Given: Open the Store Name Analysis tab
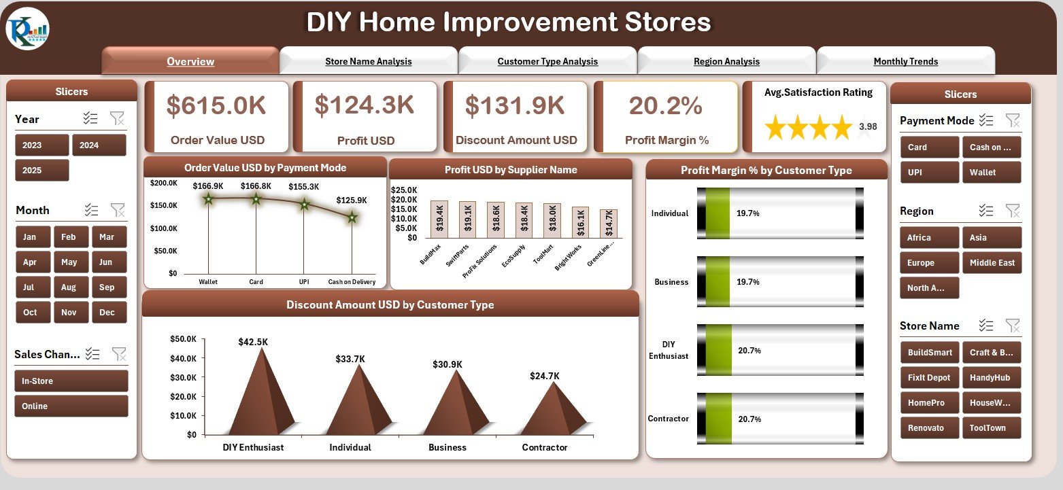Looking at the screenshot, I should tap(368, 61).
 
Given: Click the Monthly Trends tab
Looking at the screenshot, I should tap(905, 61).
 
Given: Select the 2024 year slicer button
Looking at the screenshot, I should tap(99, 145).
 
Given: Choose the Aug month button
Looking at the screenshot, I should tap(69, 287).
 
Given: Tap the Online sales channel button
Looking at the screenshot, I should tap(71, 406).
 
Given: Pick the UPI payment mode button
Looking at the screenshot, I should tap(929, 172).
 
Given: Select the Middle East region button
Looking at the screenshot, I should tap(991, 262).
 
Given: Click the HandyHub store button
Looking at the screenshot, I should tap(991, 377).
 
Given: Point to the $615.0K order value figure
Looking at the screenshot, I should tap(216, 105).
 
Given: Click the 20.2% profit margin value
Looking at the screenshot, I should tap(665, 105).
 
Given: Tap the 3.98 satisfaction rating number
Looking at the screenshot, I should tap(867, 126).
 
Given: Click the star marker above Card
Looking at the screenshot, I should tap(256, 199).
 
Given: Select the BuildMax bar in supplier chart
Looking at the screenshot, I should tap(439, 220).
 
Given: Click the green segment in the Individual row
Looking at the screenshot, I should tap(718, 213).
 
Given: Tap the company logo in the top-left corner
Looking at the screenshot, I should tap(27, 29).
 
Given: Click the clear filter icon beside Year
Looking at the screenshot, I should tap(117, 119).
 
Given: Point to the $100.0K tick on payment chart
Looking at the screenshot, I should tap(165, 228).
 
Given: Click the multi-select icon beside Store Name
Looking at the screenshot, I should tap(985, 326).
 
